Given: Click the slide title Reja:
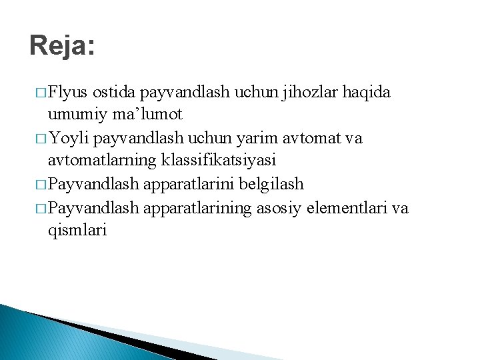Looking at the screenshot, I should pyautogui.click(x=63, y=47).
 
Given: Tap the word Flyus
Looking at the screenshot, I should pyautogui.click(x=69, y=92).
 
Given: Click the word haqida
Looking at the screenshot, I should pyautogui.click(x=366, y=92).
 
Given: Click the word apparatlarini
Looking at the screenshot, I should pyautogui.click(x=197, y=184).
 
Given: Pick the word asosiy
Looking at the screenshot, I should pyautogui.click(x=283, y=207).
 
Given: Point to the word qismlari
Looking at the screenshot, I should pyautogui.click(x=77, y=231).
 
